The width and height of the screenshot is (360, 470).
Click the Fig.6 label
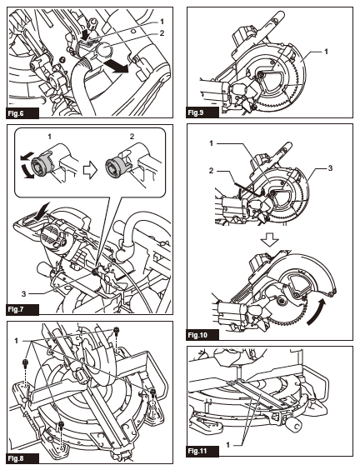point(20,110)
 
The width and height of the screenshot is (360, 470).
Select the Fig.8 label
point(20,458)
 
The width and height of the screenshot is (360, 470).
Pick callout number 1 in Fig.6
point(162,18)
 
